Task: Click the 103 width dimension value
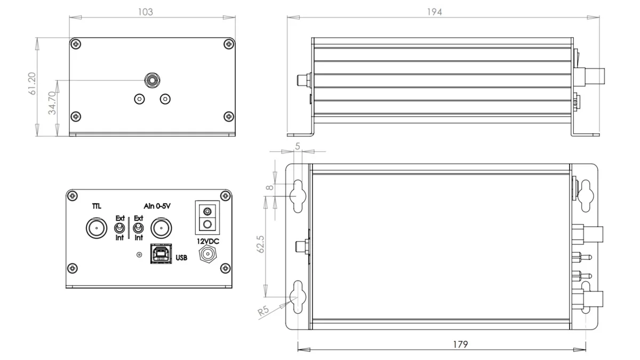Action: (x=145, y=12)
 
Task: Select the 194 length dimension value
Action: (x=435, y=12)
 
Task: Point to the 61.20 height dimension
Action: (x=33, y=84)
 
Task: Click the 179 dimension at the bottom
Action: (x=460, y=345)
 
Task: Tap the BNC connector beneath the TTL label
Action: (x=97, y=229)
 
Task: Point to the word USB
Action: (x=181, y=258)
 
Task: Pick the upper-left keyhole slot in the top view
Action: (x=297, y=194)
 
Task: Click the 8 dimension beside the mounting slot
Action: (x=271, y=188)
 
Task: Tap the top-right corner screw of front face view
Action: (x=228, y=44)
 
